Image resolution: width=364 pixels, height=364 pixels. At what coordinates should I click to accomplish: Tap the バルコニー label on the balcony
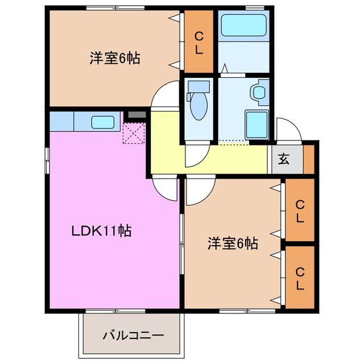pyautogui.click(x=133, y=335)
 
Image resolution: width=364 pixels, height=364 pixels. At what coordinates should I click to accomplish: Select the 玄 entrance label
pyautogui.click(x=283, y=159)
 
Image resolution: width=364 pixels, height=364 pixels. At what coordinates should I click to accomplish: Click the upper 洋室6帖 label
pyautogui.click(x=115, y=58)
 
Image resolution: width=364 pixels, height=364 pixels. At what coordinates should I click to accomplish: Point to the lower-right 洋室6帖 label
pyautogui.click(x=233, y=244)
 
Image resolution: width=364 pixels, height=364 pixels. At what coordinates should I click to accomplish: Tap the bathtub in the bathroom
pyautogui.click(x=243, y=25)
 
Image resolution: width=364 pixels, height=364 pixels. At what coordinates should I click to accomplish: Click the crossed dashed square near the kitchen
pyautogui.click(x=134, y=133)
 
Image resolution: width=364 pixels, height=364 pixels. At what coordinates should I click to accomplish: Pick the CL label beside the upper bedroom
pyautogui.click(x=198, y=42)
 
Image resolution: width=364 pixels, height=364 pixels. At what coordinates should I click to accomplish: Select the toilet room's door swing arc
pyautogui.click(x=197, y=156)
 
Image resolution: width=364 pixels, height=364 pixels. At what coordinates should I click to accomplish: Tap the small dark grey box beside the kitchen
pyautogui.click(x=135, y=115)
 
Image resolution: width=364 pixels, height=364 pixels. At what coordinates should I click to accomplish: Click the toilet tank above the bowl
pyautogui.click(x=198, y=88)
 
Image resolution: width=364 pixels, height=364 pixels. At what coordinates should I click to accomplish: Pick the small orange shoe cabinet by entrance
pyautogui.click(x=309, y=159)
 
